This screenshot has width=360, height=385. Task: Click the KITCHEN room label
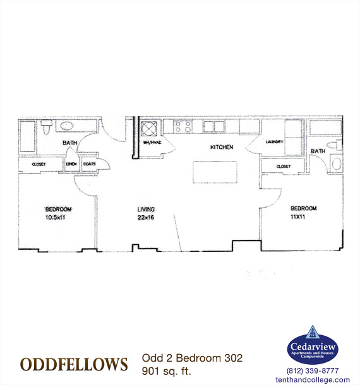pos(222,147)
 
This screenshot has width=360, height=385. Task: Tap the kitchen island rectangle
pos(215,172)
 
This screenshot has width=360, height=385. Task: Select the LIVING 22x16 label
pos(147,213)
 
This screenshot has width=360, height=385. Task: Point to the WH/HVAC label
pos(153,143)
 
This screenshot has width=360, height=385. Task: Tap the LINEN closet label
pos(71,164)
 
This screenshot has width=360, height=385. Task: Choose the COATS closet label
pos(88,164)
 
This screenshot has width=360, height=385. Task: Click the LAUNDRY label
pos(274,142)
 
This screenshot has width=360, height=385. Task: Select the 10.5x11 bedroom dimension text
pos(57,217)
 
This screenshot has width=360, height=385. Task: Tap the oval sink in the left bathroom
pos(68,126)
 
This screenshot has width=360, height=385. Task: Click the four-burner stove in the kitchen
pos(183,127)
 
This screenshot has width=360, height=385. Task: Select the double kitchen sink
pos(213,126)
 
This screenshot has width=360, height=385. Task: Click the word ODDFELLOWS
pos(74,365)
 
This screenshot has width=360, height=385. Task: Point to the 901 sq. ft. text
pos(166,370)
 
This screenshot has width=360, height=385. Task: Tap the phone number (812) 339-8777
pos(312,370)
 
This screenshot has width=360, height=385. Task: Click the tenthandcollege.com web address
pos(312,379)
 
